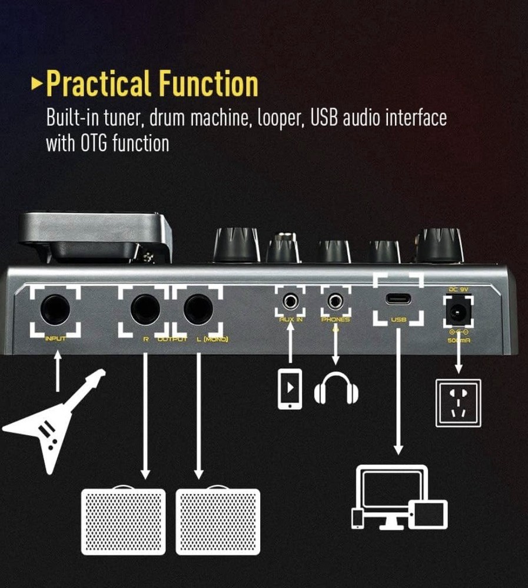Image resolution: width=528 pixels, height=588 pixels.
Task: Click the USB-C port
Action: point(398,298)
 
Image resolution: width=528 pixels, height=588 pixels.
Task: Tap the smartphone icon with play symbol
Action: point(290,389)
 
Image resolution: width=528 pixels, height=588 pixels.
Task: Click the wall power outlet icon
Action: point(457,403)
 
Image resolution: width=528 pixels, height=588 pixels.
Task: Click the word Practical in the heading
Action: point(97,85)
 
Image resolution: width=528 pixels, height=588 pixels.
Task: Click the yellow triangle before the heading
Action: point(37,85)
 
